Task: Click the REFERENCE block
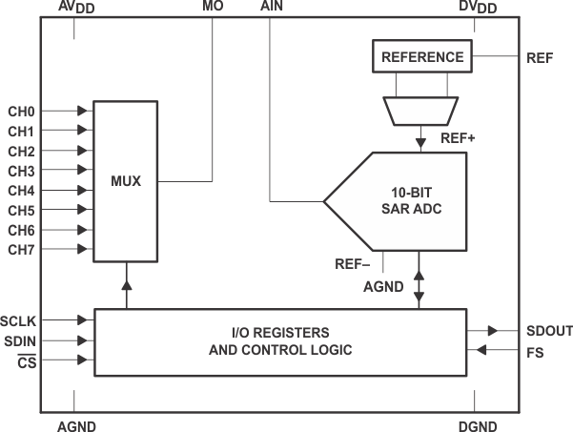point(422,57)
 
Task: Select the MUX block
point(126,180)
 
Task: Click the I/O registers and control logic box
point(279,341)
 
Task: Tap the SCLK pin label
point(20,320)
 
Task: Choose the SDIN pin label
point(19,340)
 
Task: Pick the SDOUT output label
point(549,331)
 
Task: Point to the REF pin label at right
point(539,57)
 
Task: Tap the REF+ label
point(458,138)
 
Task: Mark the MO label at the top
point(213,8)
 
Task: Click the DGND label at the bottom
point(476,426)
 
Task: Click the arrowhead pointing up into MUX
point(127,285)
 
